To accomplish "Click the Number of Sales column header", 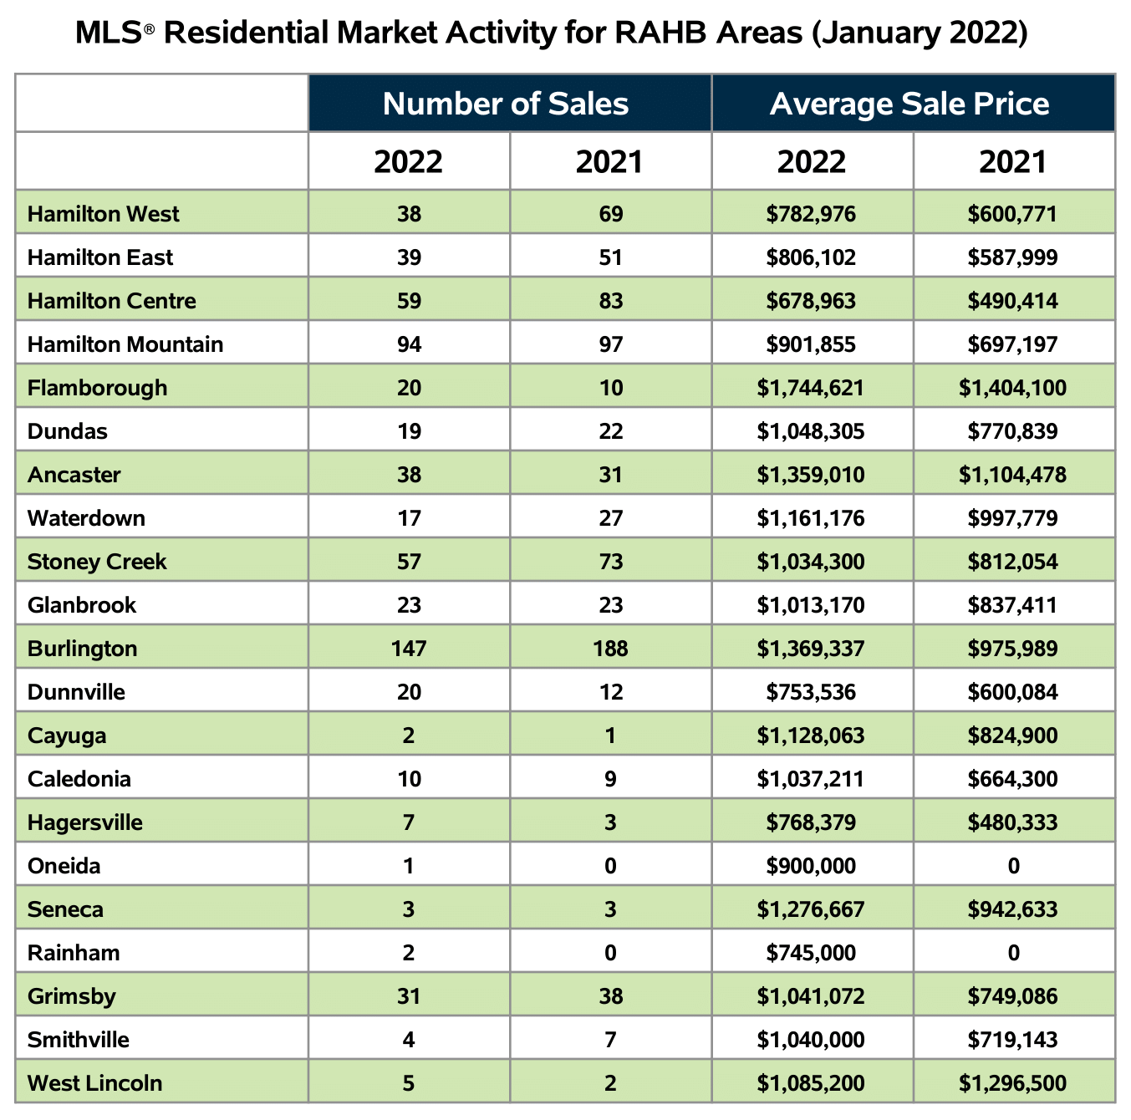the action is click(506, 104).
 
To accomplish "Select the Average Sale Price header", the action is click(909, 104).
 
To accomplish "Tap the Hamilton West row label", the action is click(104, 214).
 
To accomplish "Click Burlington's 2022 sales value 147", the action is click(409, 648).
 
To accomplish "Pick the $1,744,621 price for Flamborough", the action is click(811, 388).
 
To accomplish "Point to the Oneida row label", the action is click(64, 866).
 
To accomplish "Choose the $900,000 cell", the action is click(811, 866).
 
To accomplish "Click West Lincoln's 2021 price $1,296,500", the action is click(1012, 1083).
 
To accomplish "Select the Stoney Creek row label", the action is click(97, 562).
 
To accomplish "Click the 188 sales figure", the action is click(610, 648).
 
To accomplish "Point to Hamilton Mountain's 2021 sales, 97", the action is click(610, 344).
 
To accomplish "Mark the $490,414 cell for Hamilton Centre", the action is click(1012, 301).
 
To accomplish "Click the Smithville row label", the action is click(78, 1040).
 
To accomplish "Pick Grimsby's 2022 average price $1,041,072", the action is click(811, 996).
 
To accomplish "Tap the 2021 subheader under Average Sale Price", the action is click(1012, 162).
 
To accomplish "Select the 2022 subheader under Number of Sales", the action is click(409, 162).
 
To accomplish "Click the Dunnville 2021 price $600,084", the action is click(1012, 692).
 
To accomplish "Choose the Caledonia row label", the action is click(79, 779).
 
